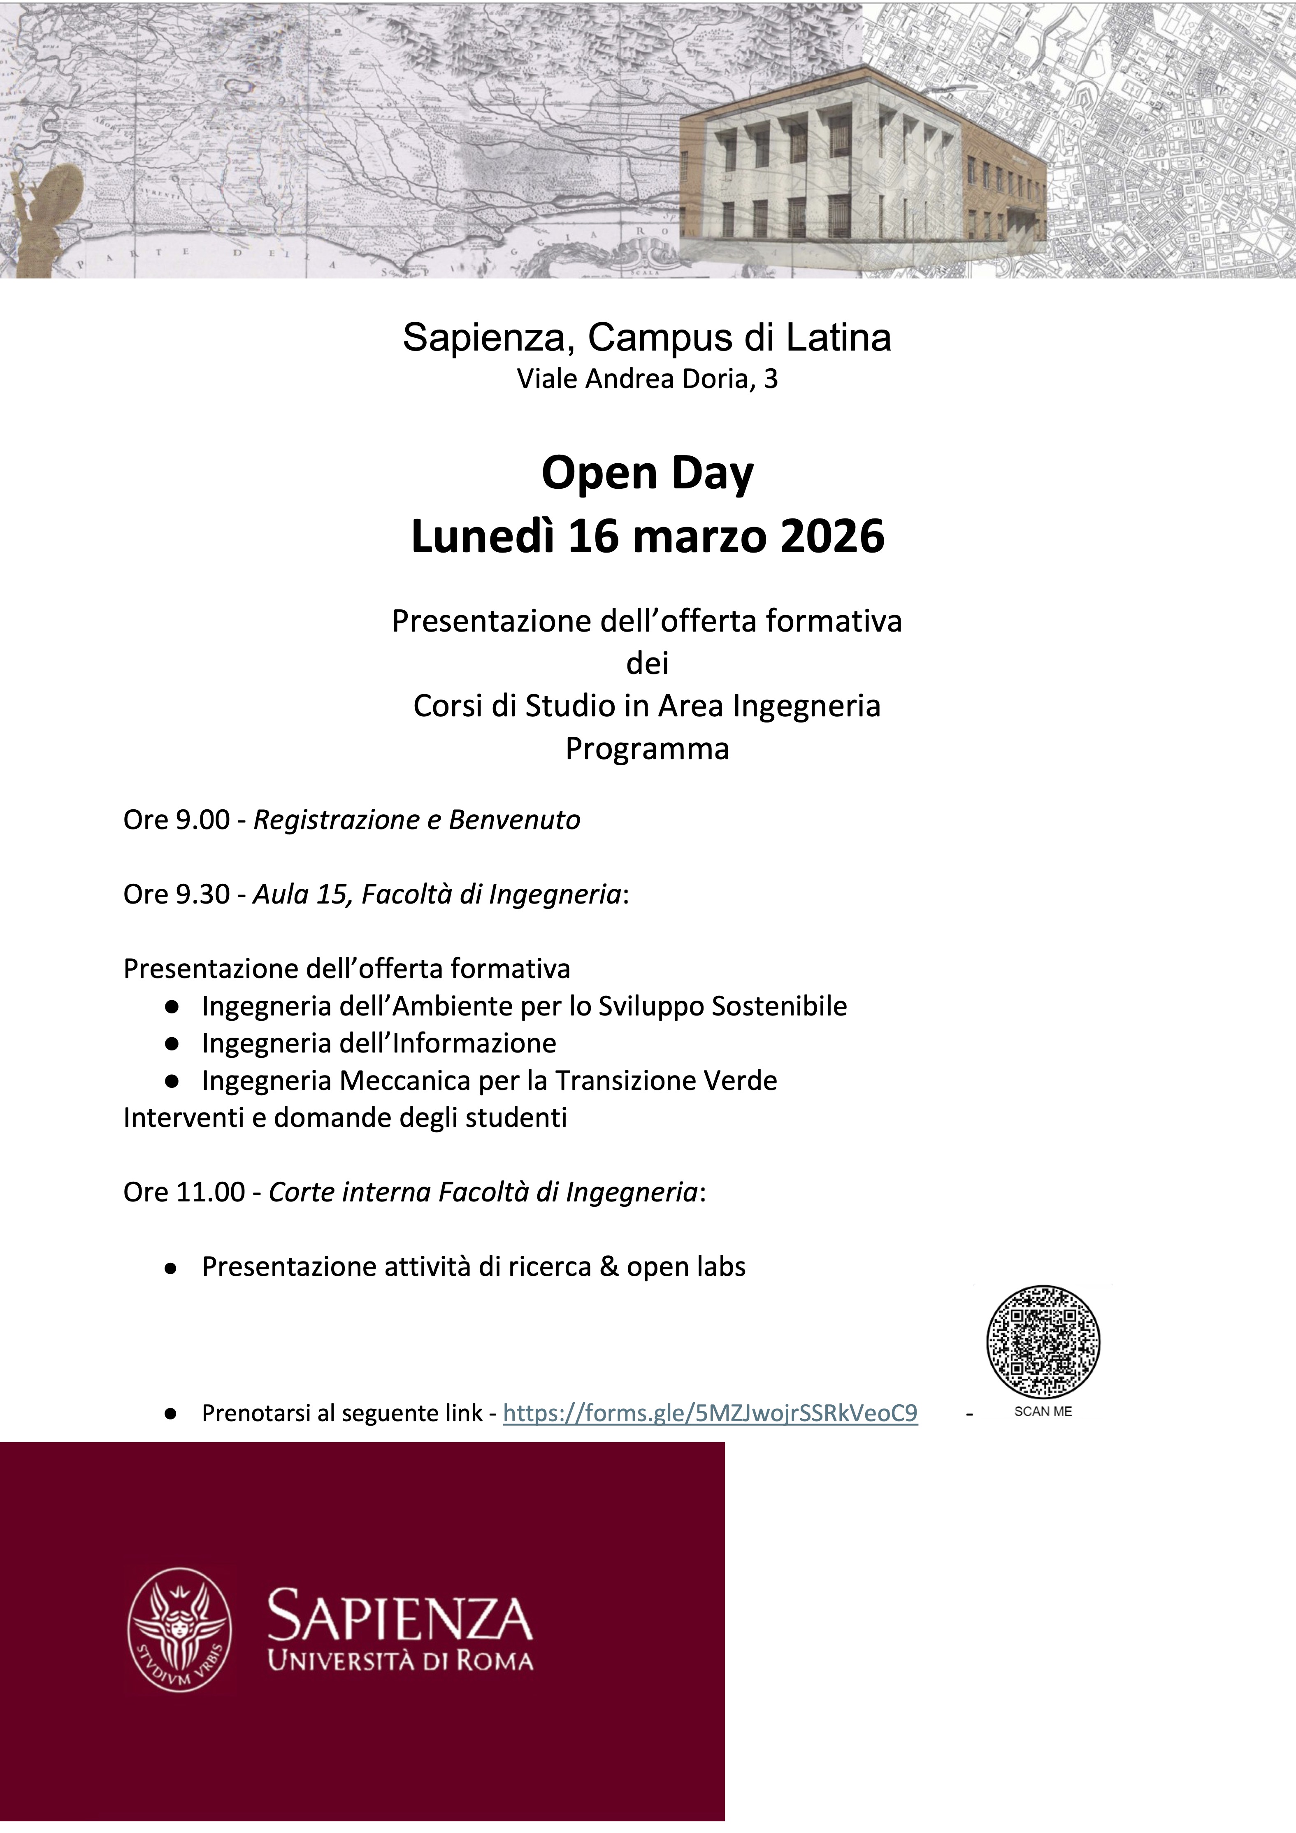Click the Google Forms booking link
tap(710, 1413)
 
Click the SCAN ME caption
tap(1043, 1412)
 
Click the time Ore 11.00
tap(183, 1192)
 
